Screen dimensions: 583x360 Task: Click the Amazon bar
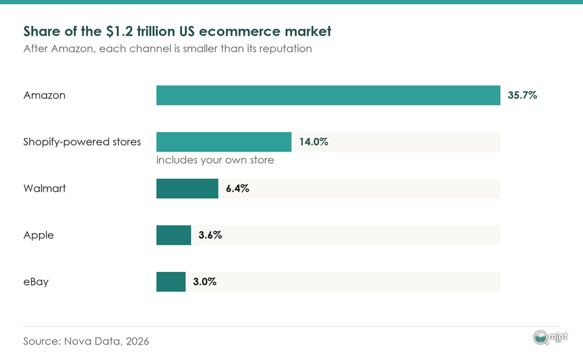(328, 95)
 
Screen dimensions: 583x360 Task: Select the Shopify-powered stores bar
(224, 142)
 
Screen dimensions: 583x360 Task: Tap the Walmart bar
(187, 188)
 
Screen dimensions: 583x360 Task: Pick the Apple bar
(174, 235)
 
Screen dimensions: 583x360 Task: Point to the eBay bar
(171, 282)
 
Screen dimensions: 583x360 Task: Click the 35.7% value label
(522, 95)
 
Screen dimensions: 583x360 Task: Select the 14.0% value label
(314, 142)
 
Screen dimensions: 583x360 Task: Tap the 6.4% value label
(238, 188)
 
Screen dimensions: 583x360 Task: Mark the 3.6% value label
(210, 235)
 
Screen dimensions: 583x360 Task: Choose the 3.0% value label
(205, 282)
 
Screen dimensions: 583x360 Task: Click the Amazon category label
(44, 95)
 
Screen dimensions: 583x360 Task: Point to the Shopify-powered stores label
(82, 142)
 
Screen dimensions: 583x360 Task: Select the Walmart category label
(45, 188)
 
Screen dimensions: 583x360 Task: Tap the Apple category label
(39, 236)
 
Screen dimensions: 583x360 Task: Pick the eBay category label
(36, 282)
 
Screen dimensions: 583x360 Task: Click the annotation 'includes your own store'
(215, 160)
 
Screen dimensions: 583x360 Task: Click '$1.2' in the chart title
(119, 31)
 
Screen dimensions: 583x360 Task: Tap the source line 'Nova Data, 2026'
(107, 341)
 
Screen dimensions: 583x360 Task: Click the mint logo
(550, 337)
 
